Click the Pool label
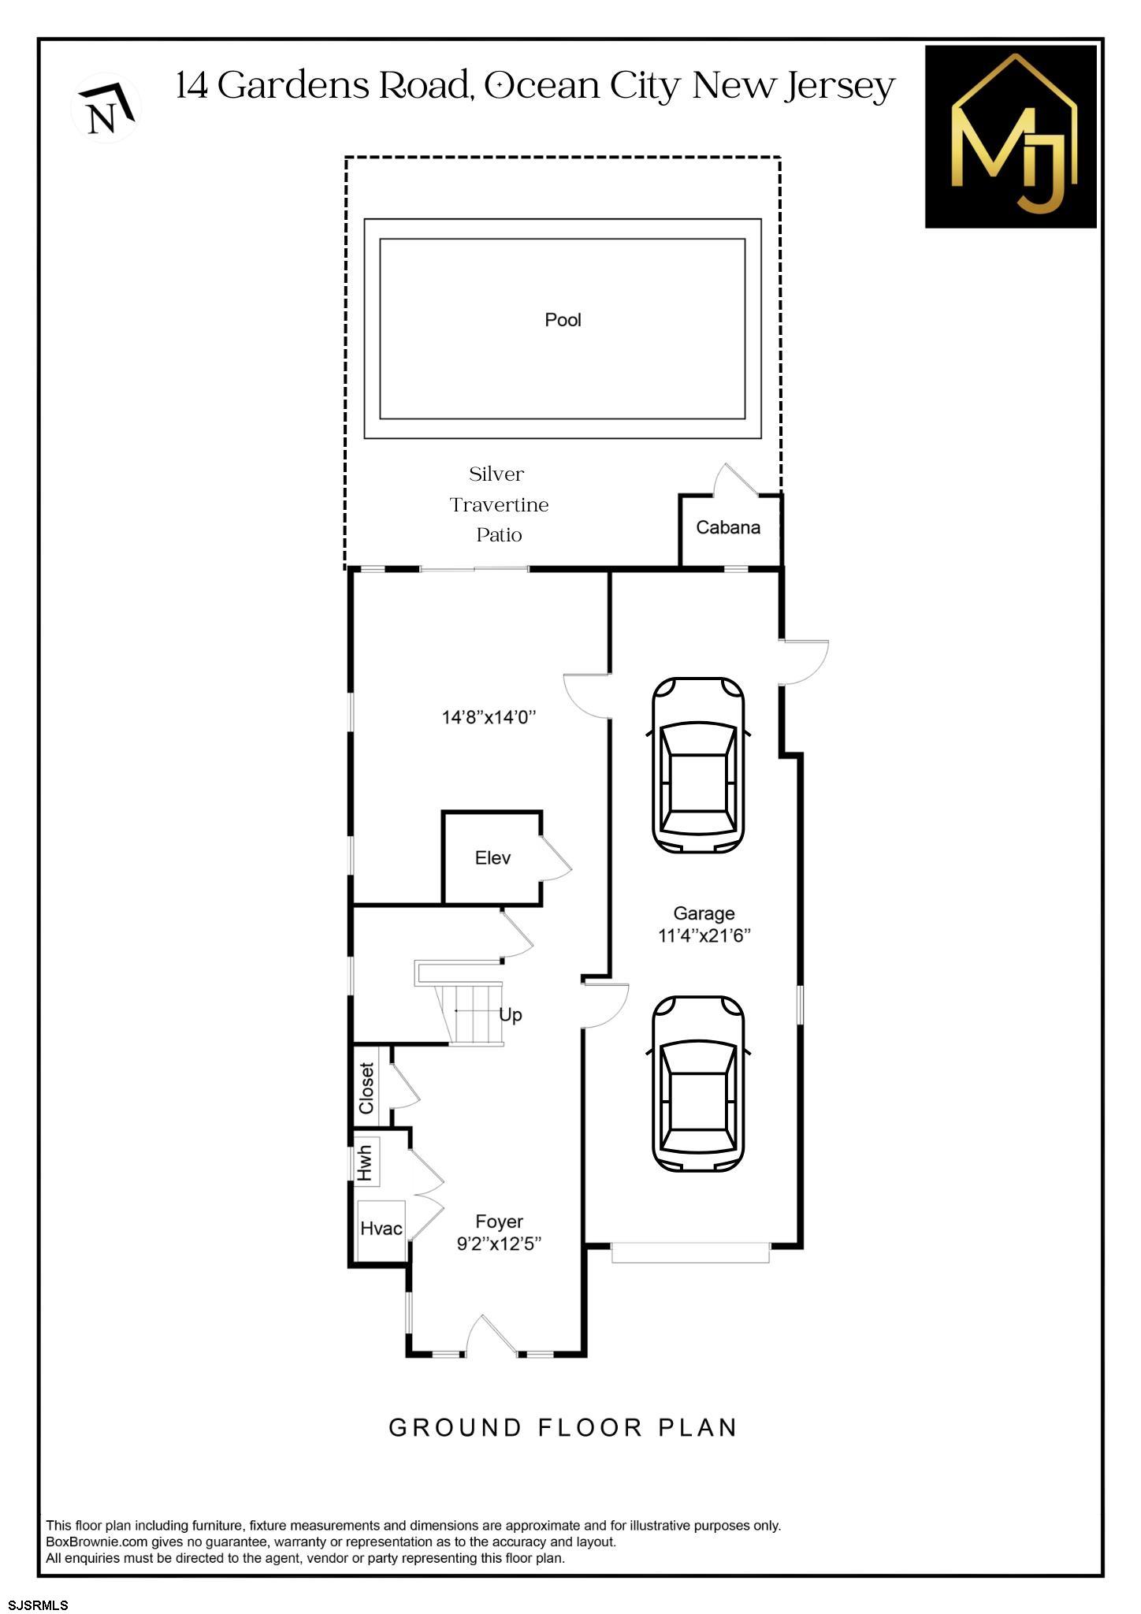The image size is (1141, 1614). coord(563,320)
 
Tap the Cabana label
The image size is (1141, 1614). coord(727,528)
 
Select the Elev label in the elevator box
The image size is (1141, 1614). coord(492,858)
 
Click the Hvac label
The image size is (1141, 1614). coord(381,1229)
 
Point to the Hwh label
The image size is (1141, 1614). coord(365,1162)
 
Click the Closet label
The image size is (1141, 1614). coord(366,1088)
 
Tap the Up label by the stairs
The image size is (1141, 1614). coord(510,1015)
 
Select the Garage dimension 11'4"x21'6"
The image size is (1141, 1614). coord(704,936)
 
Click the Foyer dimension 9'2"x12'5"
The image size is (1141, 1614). coord(499,1244)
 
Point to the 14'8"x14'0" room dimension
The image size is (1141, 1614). coord(489,718)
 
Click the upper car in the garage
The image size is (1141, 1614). coord(698,764)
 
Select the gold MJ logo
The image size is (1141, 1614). coord(1010,137)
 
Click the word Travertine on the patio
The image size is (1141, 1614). coord(499,505)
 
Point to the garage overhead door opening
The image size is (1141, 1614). coord(690,1253)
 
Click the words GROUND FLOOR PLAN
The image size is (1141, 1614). coord(563,1428)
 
